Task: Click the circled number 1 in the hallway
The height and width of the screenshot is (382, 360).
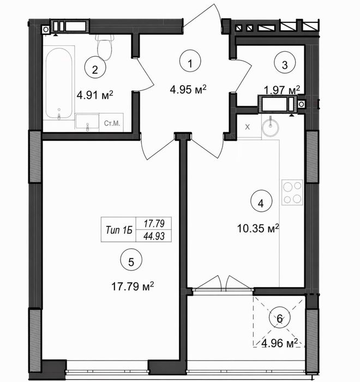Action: click(x=190, y=61)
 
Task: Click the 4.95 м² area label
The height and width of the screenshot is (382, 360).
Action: click(x=188, y=89)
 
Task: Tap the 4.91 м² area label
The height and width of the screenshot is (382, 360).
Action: click(x=95, y=95)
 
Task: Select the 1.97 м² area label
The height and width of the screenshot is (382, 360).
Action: click(x=282, y=90)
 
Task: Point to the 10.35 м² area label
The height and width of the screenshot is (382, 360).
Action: click(x=258, y=228)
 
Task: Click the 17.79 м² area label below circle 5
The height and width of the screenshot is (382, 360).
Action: click(x=133, y=286)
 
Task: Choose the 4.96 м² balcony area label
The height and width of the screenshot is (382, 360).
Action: click(x=279, y=343)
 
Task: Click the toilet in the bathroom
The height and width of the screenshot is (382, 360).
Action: click(x=105, y=47)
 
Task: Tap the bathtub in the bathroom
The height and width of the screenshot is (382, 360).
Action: click(x=59, y=83)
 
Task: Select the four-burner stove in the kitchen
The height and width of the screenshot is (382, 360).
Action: click(x=292, y=192)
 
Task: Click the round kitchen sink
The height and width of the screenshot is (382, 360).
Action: click(x=271, y=126)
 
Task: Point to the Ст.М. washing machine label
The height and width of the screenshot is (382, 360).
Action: click(x=112, y=123)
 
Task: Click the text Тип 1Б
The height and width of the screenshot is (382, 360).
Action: click(x=119, y=230)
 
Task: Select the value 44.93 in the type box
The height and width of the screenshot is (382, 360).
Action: click(x=154, y=236)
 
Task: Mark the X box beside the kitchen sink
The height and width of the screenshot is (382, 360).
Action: click(x=247, y=127)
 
